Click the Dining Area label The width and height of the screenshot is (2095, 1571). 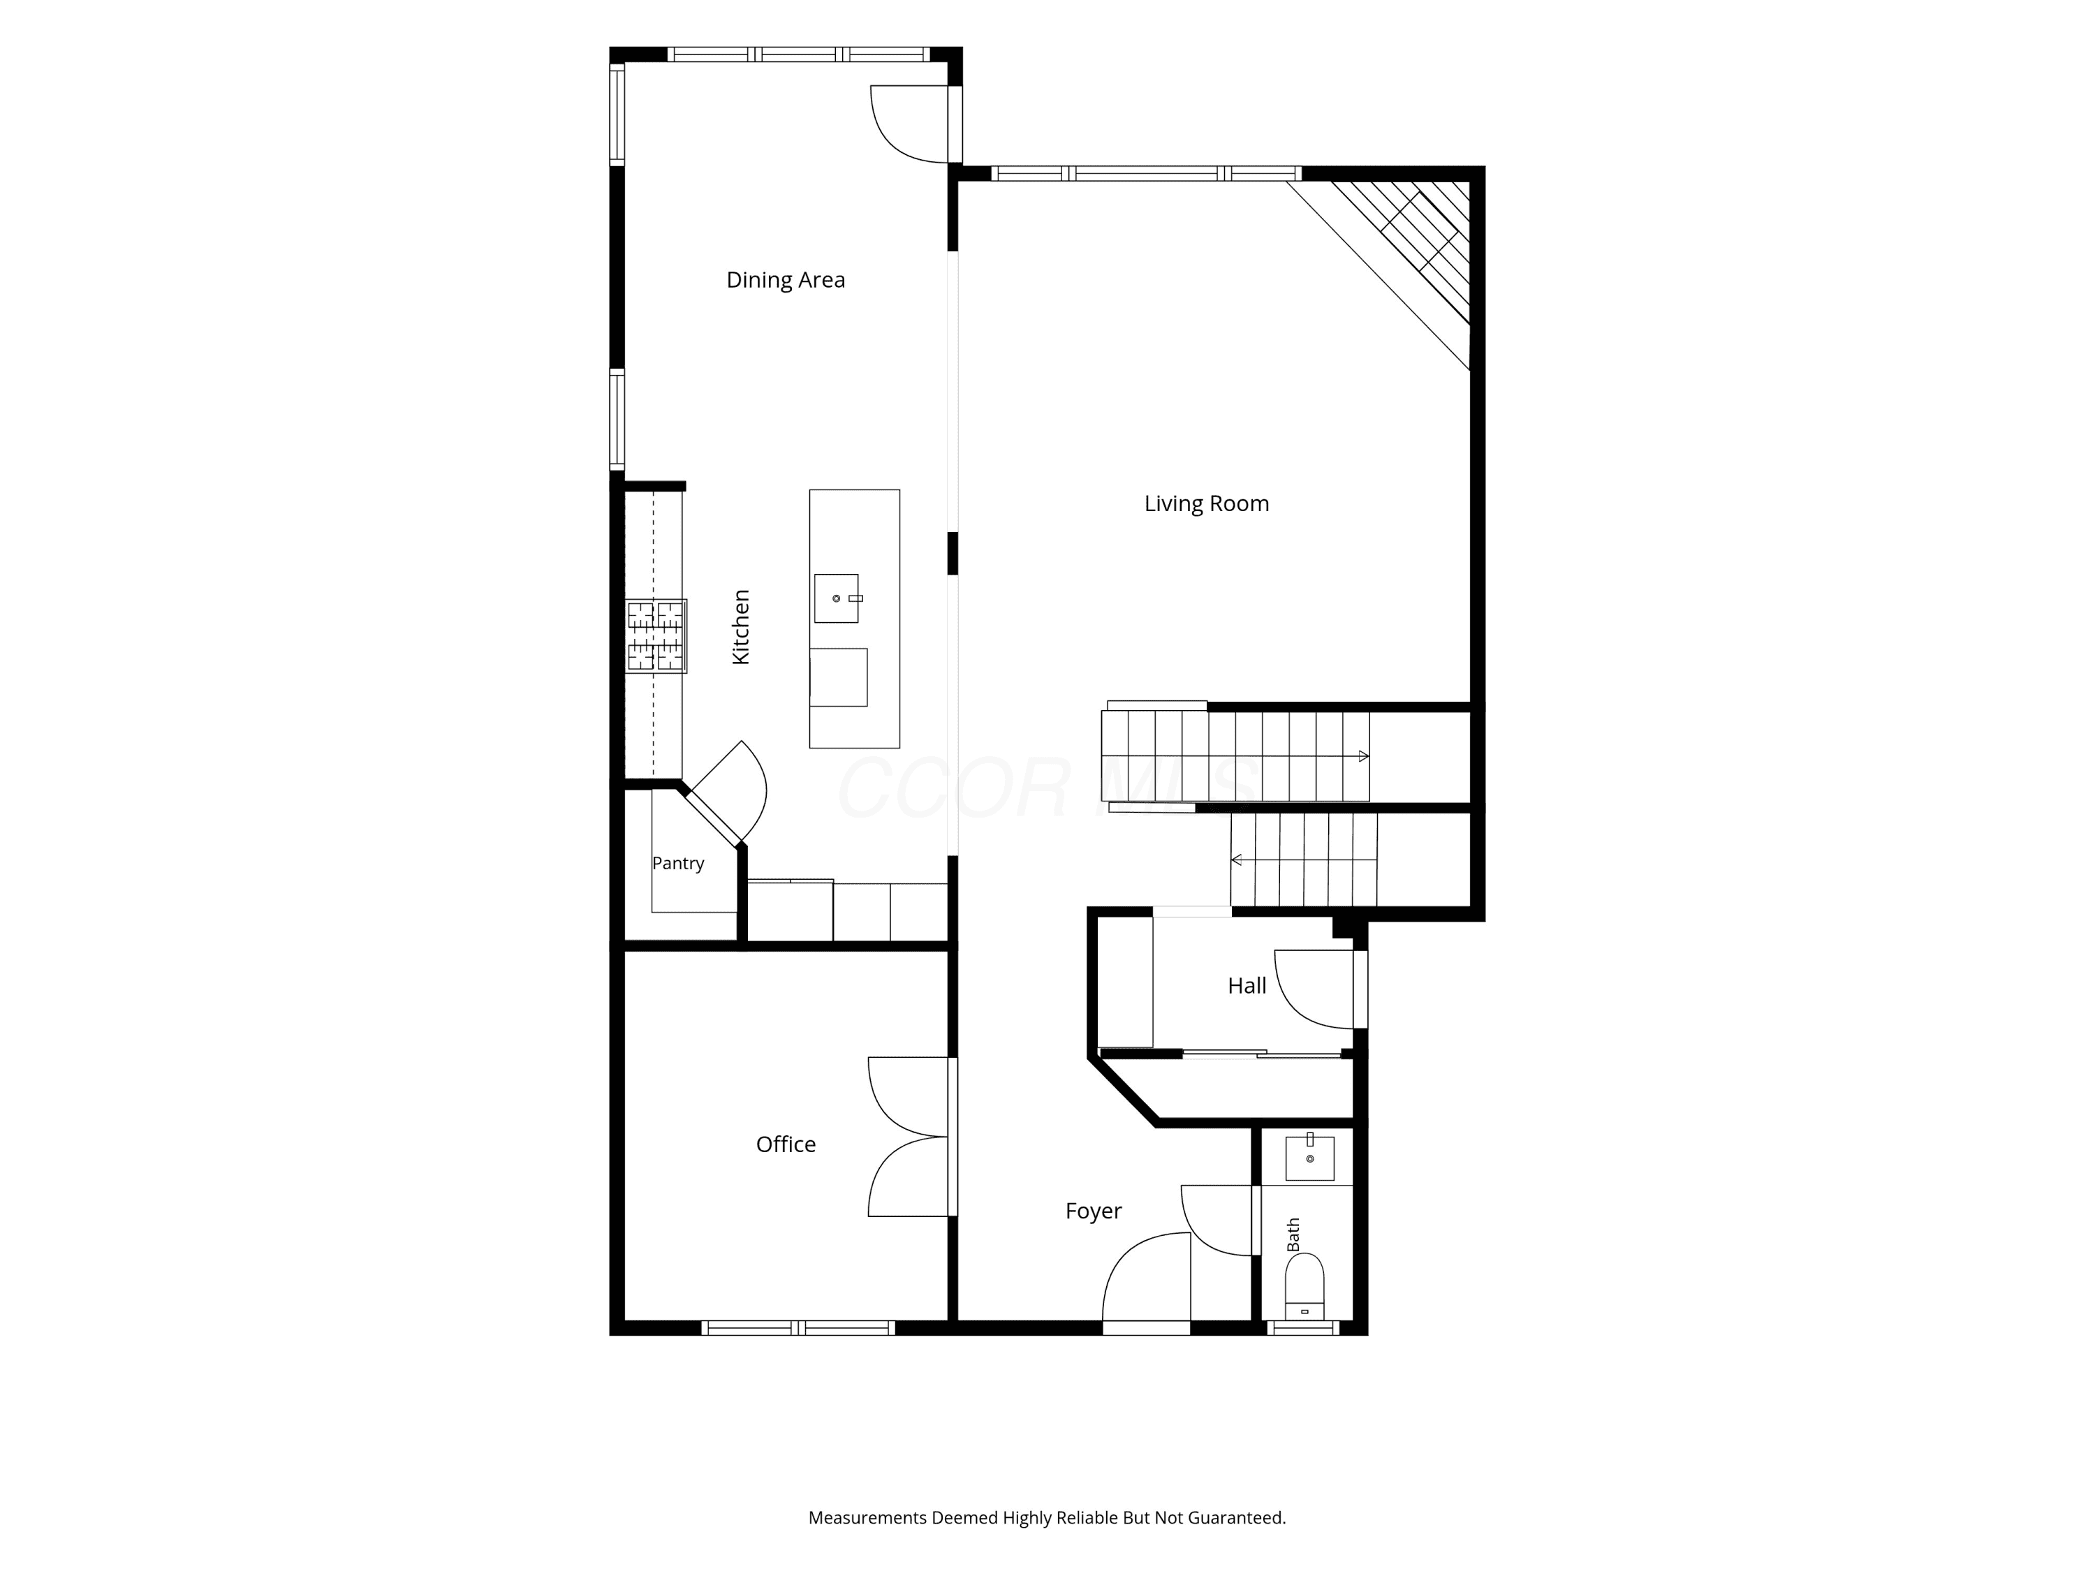point(785,280)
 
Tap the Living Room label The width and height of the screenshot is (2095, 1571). point(1207,504)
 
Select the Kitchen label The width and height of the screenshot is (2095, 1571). point(741,627)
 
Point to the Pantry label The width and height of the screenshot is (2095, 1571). point(678,864)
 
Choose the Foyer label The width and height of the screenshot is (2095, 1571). point(1093,1211)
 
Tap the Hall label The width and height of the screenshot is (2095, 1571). point(1247,986)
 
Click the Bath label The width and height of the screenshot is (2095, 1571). point(1294,1235)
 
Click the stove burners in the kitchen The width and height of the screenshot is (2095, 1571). point(656,635)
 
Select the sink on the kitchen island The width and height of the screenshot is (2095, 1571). point(837,598)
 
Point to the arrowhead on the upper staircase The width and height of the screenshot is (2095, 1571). point(1364,755)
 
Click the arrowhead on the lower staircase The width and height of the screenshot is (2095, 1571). point(1236,860)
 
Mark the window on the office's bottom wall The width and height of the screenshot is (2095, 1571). point(797,1327)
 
